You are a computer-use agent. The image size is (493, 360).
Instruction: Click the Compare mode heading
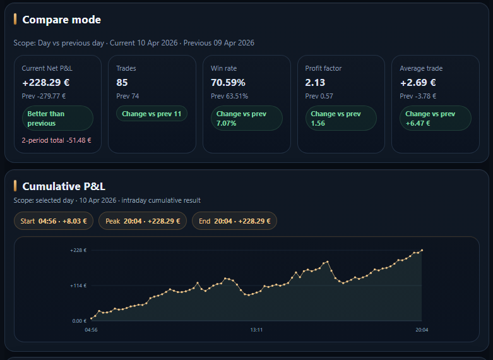tap(61, 20)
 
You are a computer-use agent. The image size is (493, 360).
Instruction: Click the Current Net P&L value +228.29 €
tap(45, 82)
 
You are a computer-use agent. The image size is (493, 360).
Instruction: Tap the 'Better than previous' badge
tap(57, 118)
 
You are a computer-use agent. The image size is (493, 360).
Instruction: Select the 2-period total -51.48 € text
tap(56, 140)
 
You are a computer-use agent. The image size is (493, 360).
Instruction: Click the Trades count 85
tap(122, 82)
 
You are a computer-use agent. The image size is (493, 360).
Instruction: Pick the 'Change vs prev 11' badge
tap(151, 114)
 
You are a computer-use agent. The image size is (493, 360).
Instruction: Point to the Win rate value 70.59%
tap(228, 82)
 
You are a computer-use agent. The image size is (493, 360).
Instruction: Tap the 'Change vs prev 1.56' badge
tap(341, 118)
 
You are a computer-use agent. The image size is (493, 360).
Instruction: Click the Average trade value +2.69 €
tap(418, 82)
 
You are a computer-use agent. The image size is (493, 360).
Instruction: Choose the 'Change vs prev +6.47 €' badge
tap(436, 118)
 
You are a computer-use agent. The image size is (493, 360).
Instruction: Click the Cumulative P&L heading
tap(64, 186)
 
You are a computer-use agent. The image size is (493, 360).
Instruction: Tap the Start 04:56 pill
tap(54, 221)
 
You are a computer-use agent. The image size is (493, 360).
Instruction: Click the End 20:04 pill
tap(235, 221)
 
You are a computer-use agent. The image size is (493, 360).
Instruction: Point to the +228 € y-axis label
tap(78, 250)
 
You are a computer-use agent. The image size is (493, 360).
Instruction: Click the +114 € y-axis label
tap(78, 285)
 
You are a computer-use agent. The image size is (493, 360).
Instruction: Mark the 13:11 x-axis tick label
tap(256, 330)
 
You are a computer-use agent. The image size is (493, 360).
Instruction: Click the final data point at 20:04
tap(422, 250)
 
